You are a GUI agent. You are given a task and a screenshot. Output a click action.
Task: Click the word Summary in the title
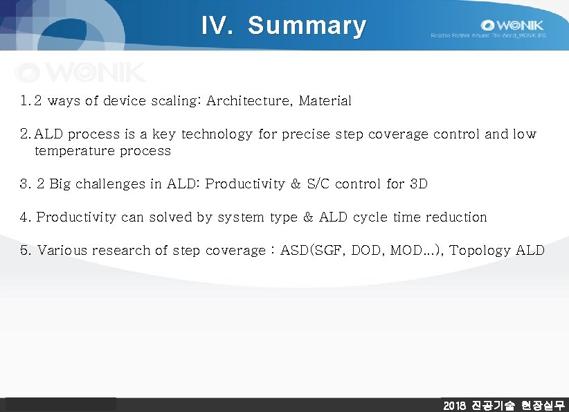307,26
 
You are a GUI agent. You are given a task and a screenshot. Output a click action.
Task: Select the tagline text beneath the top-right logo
488,35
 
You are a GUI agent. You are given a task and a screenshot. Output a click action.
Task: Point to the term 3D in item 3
419,184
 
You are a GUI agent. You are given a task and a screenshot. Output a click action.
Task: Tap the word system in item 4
242,217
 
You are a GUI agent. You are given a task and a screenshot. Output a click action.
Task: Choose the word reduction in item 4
456,217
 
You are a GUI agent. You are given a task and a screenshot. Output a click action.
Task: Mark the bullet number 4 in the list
25,217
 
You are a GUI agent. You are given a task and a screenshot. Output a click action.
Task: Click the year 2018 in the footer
455,405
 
